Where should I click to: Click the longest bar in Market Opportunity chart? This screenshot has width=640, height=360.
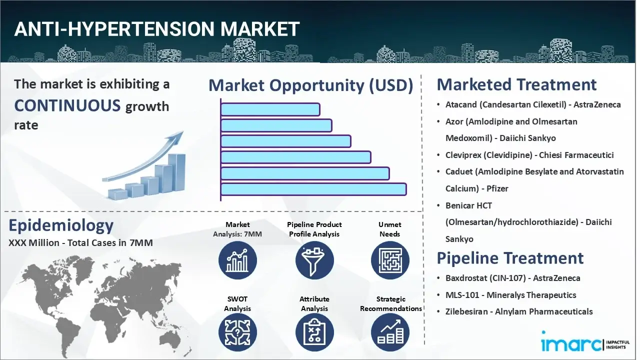point(313,189)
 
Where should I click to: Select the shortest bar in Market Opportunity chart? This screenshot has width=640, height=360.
point(270,109)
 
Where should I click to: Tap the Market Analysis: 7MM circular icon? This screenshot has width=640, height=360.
point(237,260)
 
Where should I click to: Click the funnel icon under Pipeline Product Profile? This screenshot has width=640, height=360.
point(314,260)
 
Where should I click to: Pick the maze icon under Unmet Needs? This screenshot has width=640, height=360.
point(390,260)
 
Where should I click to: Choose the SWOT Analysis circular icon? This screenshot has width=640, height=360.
point(237,332)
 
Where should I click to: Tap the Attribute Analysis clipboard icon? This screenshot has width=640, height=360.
point(314,332)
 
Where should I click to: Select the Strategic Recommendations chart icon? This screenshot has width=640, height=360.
point(390,332)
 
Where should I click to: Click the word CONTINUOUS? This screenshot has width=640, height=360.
point(67,105)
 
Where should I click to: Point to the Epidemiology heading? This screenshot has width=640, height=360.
point(61,225)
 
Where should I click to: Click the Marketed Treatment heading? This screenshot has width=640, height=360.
point(516,84)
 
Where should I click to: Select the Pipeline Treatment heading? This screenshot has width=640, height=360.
point(510,258)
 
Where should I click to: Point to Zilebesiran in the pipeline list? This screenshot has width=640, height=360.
point(466,311)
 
